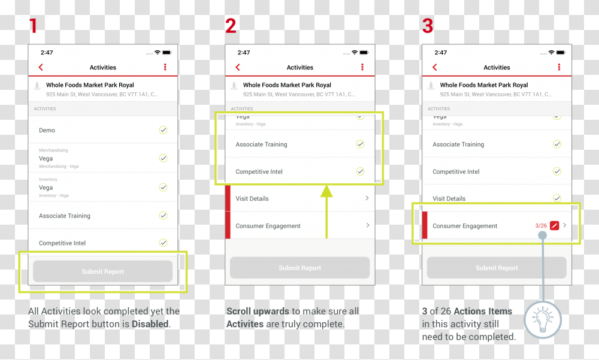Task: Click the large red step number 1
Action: (x=33, y=26)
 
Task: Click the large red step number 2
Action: (x=231, y=26)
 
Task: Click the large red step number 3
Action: (x=427, y=26)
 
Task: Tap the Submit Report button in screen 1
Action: (x=102, y=271)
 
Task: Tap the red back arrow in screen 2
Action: (x=238, y=68)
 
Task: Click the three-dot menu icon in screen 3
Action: (x=559, y=68)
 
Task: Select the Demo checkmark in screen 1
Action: (x=163, y=130)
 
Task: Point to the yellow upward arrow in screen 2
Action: (x=326, y=210)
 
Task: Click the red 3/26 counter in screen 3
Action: (x=541, y=226)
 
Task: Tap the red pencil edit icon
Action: (x=555, y=226)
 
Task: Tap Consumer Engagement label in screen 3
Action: (x=465, y=226)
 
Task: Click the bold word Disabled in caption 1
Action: (x=150, y=324)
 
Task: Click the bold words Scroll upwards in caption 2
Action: (x=258, y=311)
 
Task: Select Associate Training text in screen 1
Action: (x=65, y=216)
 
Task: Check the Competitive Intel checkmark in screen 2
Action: (x=360, y=171)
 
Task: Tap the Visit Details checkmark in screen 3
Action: (x=556, y=198)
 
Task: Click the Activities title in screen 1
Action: (x=103, y=68)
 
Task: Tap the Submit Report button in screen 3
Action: (x=497, y=268)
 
